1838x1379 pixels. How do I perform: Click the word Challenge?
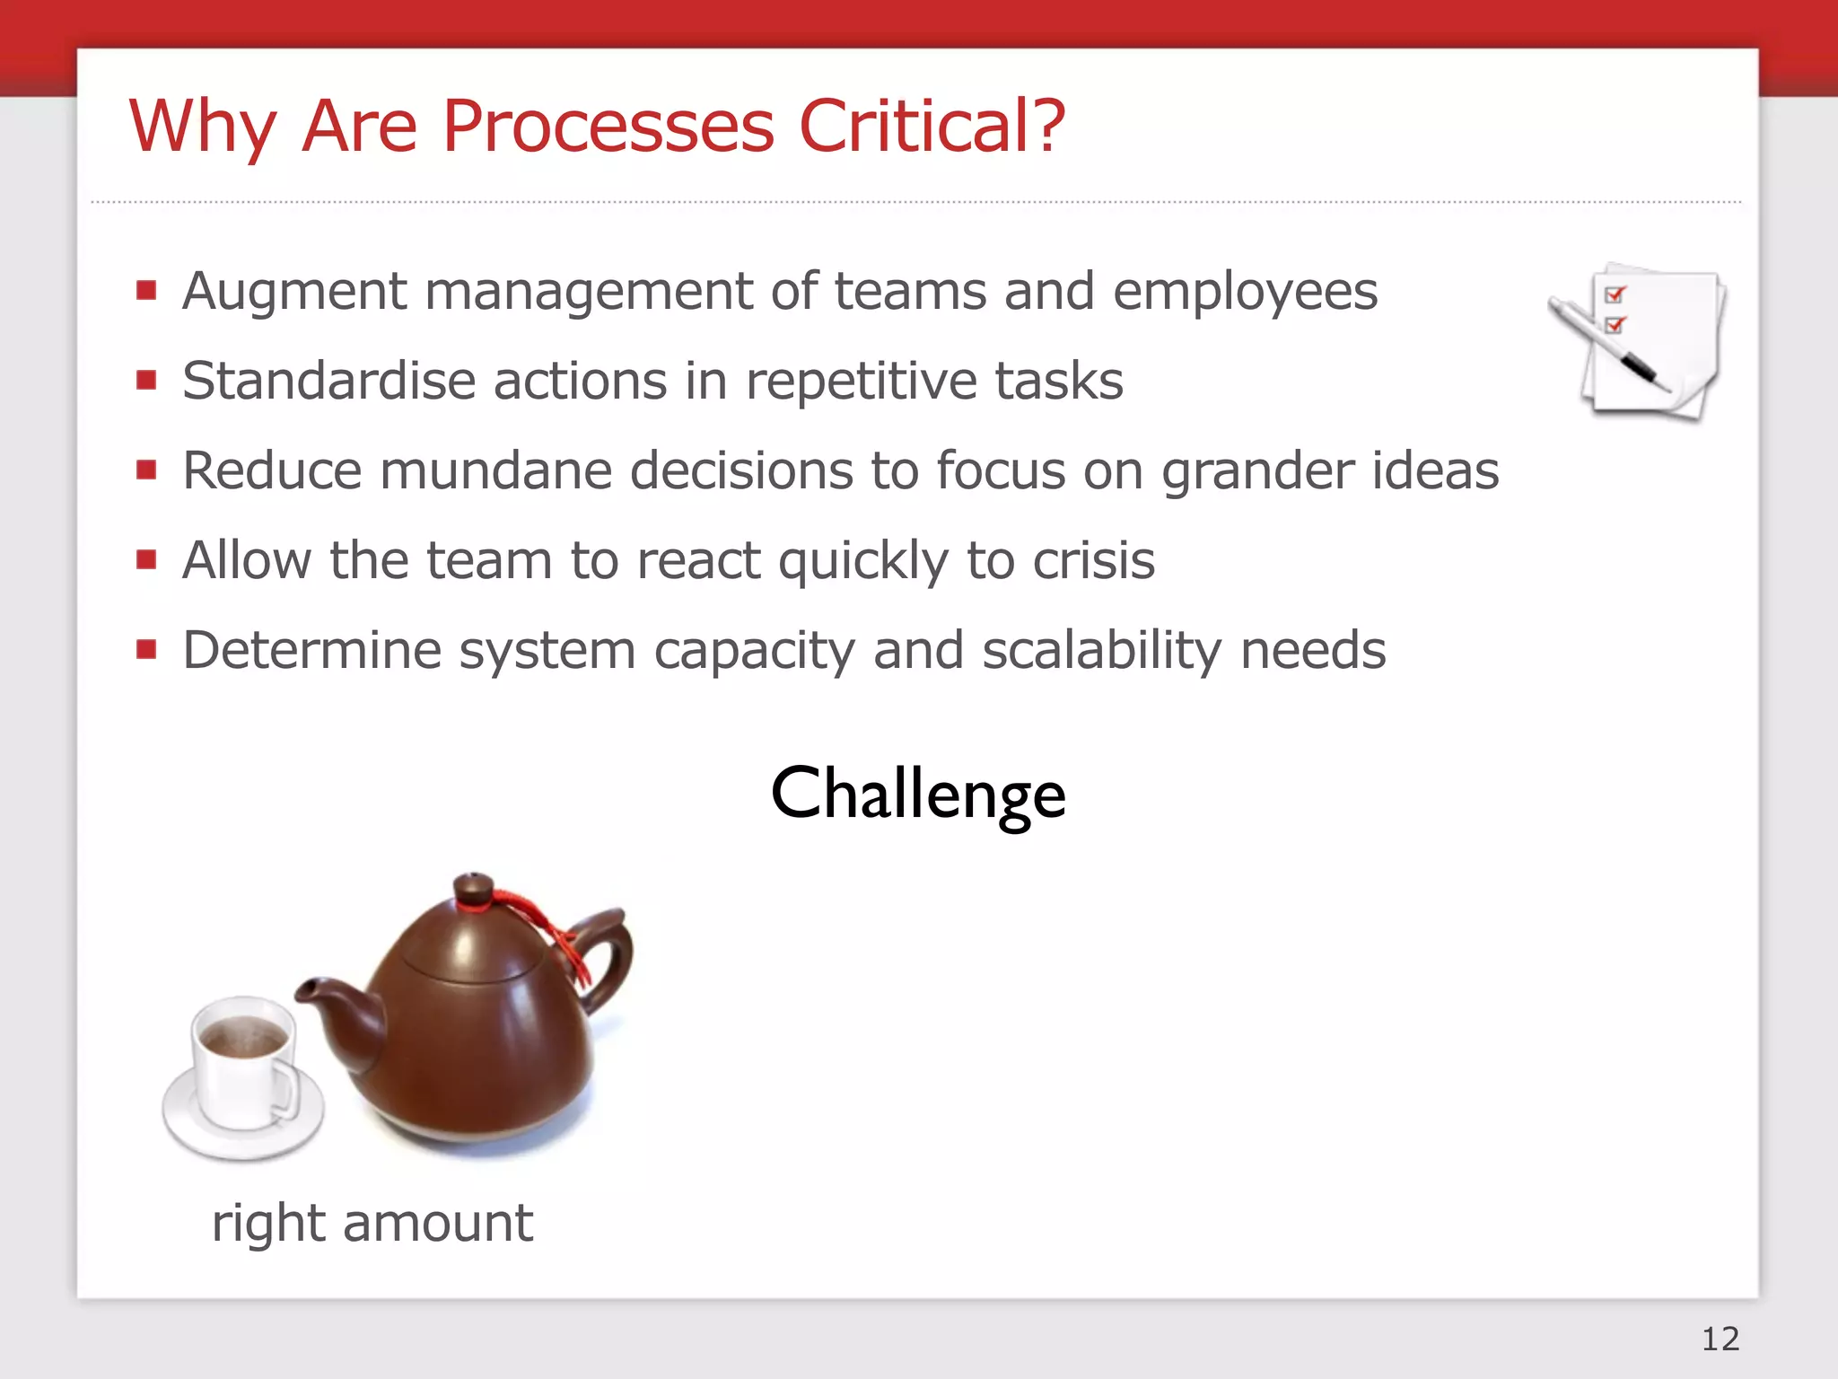pos(918,794)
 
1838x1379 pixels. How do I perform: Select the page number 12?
pos(1720,1339)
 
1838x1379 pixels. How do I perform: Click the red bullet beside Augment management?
pos(146,290)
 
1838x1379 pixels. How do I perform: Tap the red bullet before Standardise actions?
pos(146,380)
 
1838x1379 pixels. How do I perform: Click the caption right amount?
pos(372,1223)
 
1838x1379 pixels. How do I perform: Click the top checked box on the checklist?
pos(1615,294)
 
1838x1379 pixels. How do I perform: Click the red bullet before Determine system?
pos(146,649)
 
